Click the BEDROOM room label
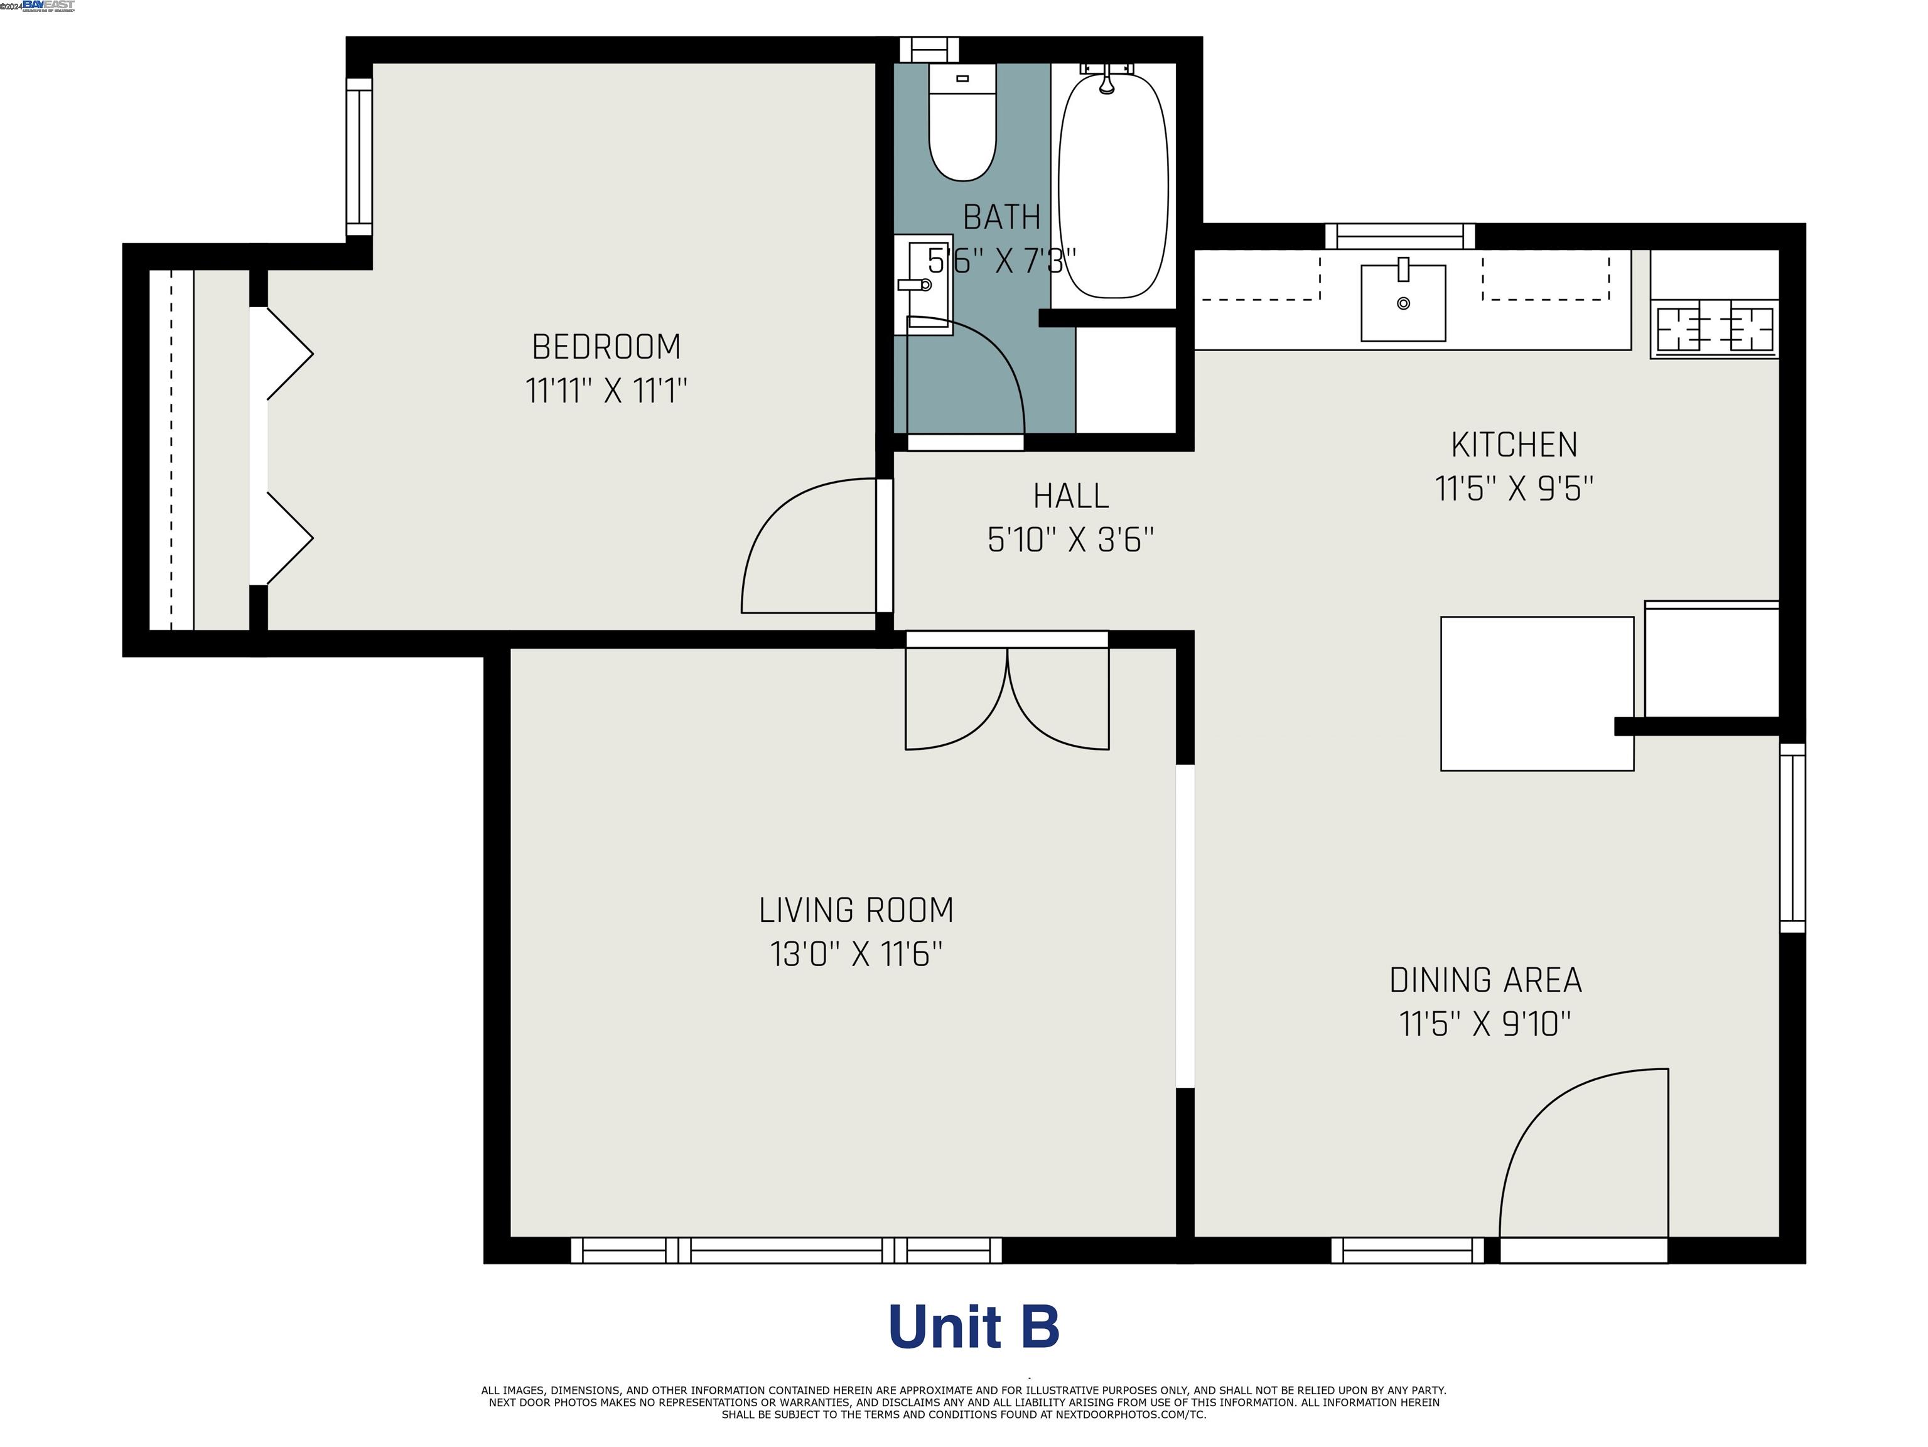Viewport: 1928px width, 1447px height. (606, 347)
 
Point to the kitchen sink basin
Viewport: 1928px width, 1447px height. (1403, 303)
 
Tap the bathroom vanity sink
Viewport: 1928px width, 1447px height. (924, 283)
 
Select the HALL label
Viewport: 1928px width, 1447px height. (1070, 497)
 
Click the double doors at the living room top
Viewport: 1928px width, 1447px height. (1007, 697)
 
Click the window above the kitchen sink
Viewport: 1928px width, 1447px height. (1400, 236)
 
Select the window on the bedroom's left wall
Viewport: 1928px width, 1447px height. (359, 157)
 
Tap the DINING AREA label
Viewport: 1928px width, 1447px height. (1485, 980)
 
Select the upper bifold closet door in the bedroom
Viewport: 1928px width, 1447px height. (288, 353)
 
